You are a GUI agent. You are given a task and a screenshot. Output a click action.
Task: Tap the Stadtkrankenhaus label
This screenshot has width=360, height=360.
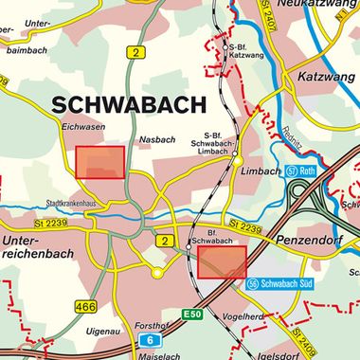72,203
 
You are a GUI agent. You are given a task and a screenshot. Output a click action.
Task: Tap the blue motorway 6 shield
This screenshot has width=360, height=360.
149,339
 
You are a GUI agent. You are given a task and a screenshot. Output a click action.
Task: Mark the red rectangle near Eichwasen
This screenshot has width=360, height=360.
100,162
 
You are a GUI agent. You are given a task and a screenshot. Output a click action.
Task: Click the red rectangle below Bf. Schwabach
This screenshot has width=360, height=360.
223,262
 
